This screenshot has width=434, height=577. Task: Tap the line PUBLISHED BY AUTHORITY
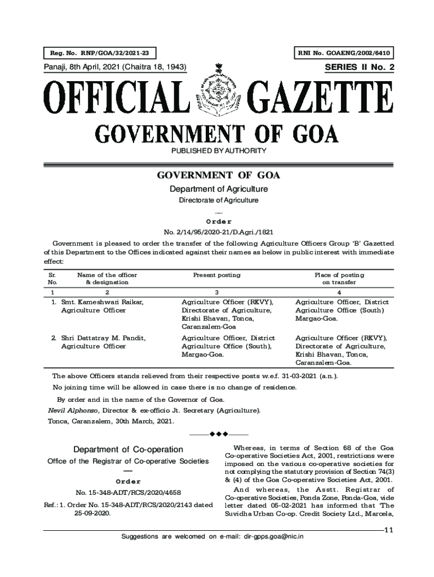(217, 151)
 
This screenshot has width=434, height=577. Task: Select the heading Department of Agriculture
(218, 189)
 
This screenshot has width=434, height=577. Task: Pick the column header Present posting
(216, 275)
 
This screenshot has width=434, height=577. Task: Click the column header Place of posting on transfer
(339, 278)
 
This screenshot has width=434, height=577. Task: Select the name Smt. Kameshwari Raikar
(102, 303)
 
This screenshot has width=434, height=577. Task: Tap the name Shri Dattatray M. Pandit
(103, 338)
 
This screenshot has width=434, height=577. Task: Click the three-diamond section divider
(218, 434)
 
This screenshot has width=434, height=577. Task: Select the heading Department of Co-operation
(129, 450)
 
